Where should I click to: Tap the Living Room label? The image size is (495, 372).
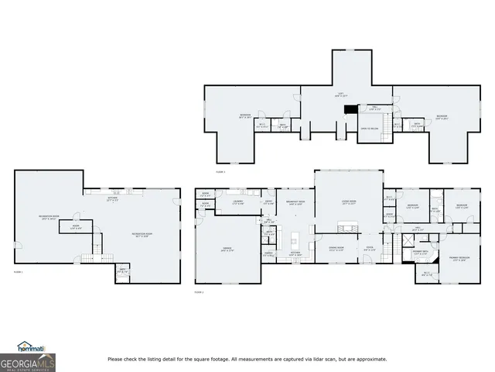(x=347, y=203)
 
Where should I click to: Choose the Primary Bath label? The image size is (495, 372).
(x=421, y=253)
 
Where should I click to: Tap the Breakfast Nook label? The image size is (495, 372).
(x=293, y=203)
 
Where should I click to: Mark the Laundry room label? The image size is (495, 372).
(x=239, y=202)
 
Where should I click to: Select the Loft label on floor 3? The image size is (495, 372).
(x=338, y=95)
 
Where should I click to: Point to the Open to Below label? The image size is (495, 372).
(x=369, y=129)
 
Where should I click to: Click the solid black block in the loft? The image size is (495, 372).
(x=346, y=108)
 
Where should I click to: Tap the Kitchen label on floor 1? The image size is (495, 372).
(x=112, y=198)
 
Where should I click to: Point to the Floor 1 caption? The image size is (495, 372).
(x=18, y=272)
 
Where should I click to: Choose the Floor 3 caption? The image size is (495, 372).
(x=220, y=172)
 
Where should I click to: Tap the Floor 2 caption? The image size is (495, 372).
(x=199, y=292)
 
